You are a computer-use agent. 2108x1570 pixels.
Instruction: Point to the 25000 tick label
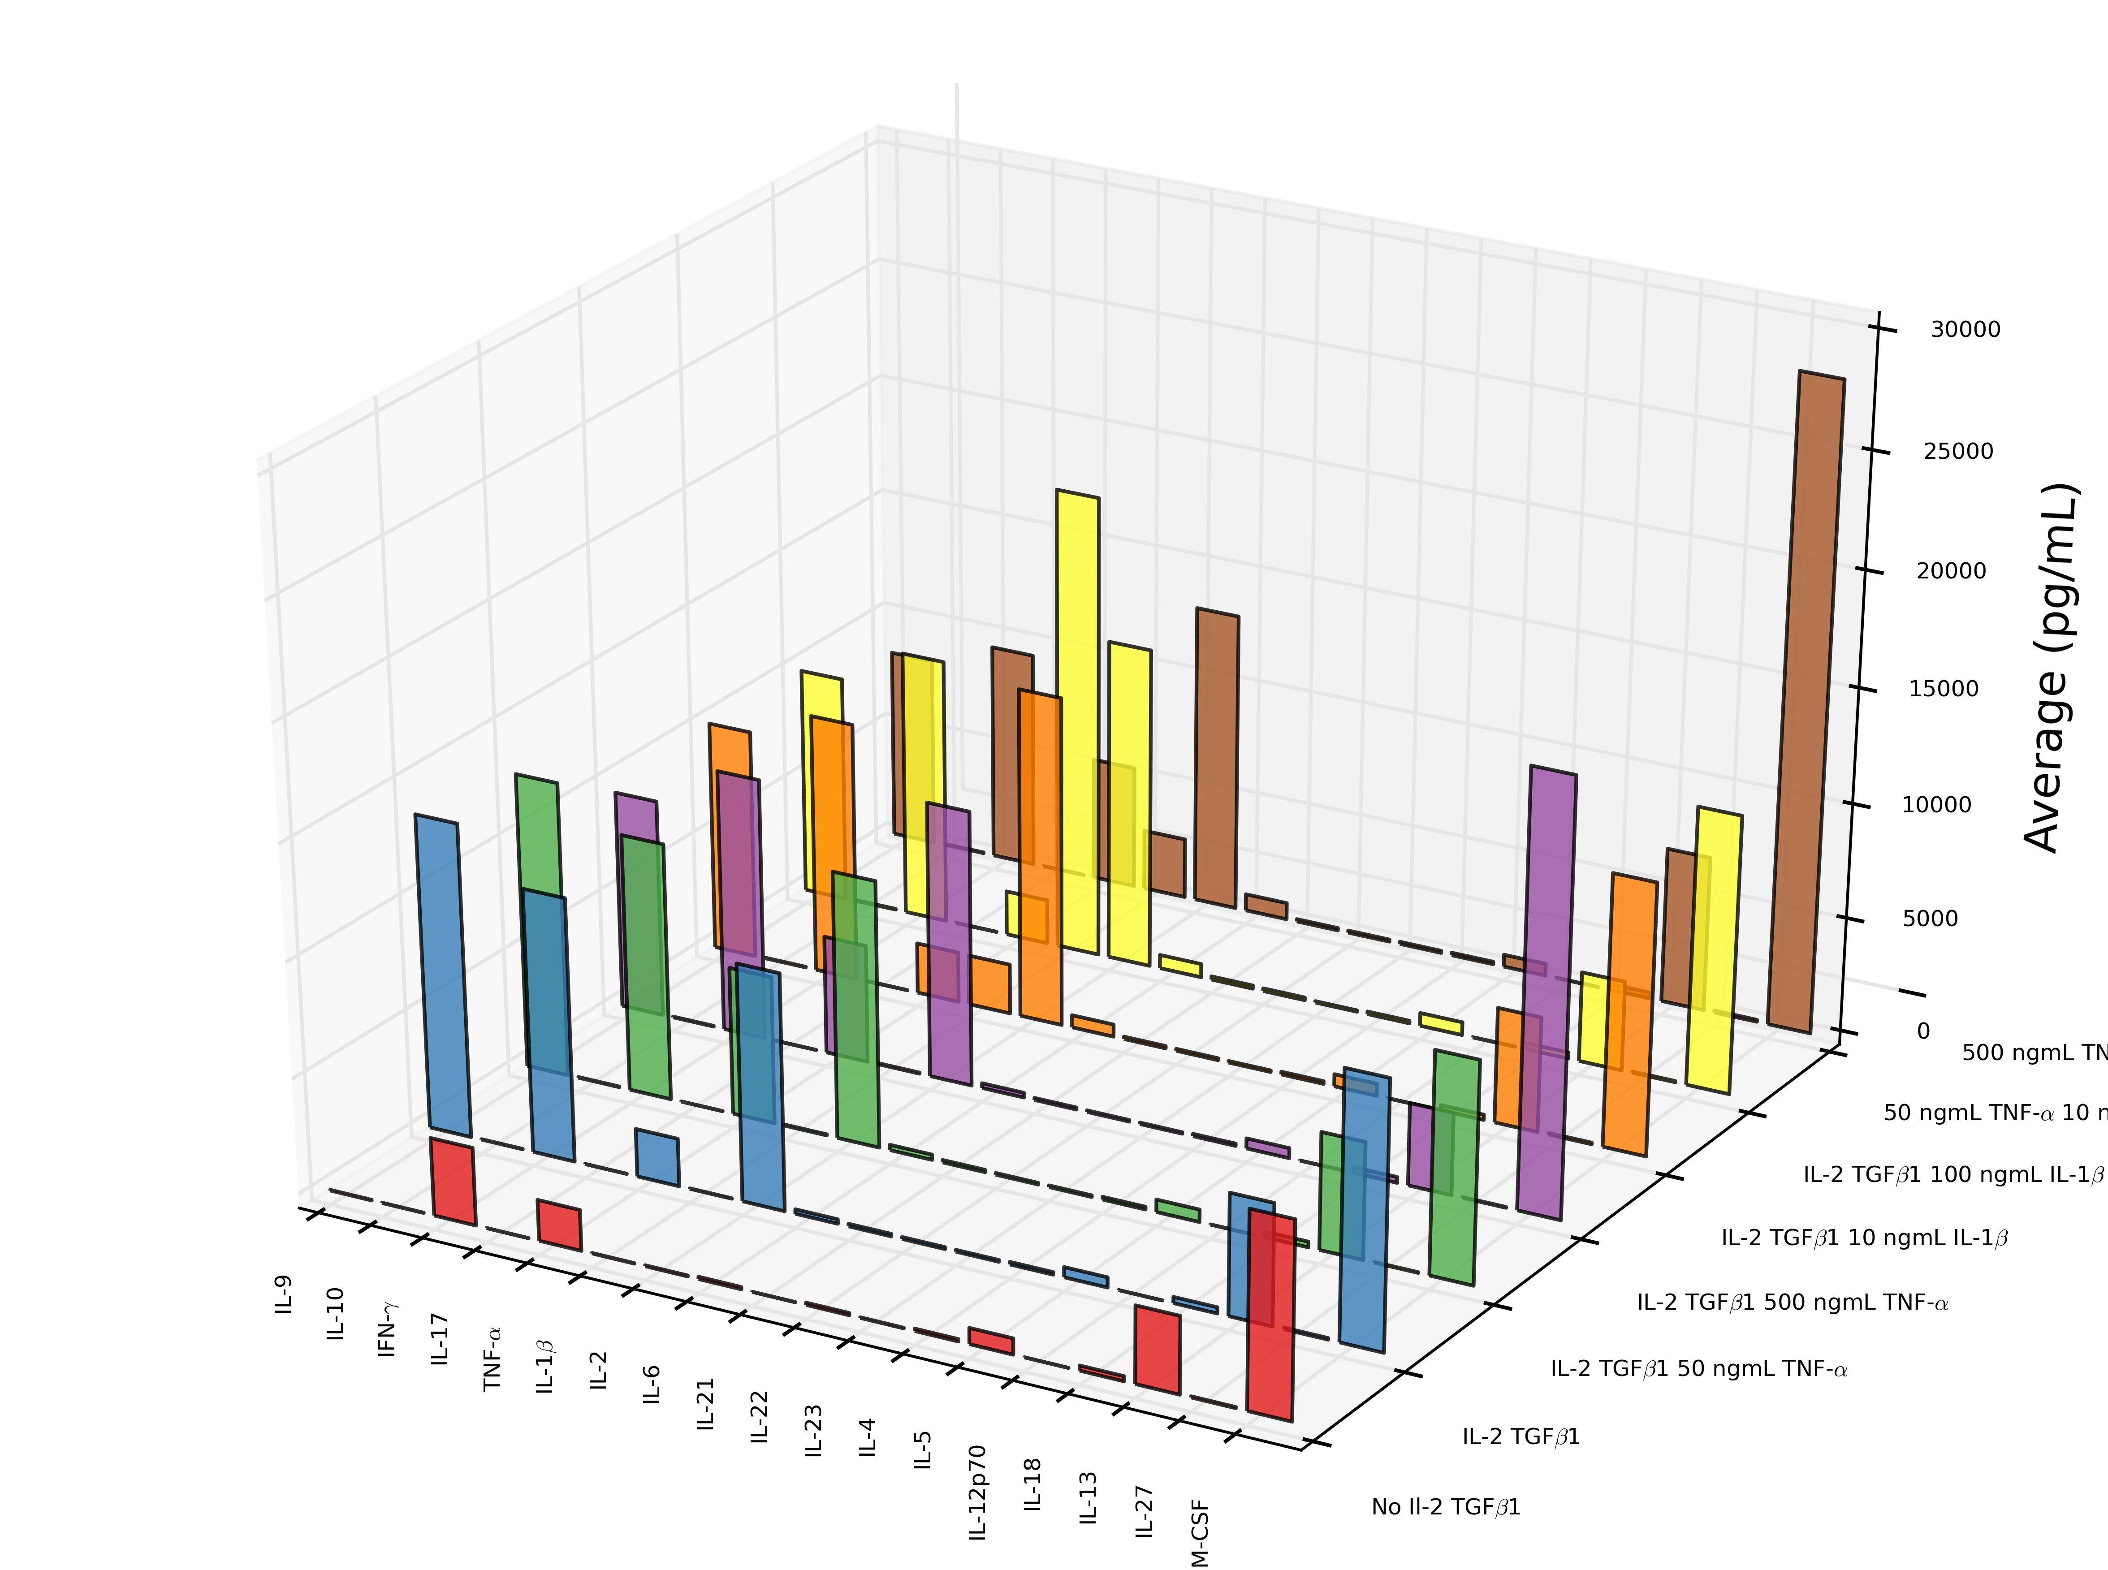(1958, 452)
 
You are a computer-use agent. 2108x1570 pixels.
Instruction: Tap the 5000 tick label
(1929, 919)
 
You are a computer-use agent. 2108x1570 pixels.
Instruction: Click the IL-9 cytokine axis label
(283, 1294)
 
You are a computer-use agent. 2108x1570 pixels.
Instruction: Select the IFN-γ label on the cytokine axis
(388, 1328)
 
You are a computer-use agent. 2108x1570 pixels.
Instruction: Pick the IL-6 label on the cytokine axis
(652, 1385)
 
